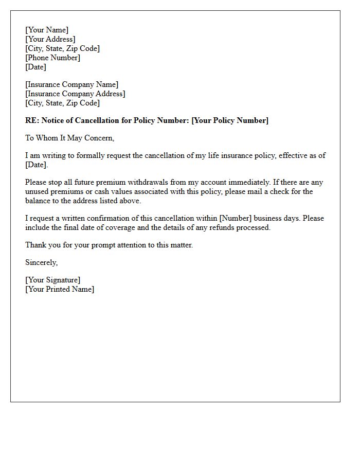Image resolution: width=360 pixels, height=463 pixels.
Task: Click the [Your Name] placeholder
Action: (47, 30)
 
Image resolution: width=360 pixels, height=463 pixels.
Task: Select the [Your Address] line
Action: (50, 39)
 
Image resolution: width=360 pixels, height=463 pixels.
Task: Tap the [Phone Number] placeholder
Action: (53, 58)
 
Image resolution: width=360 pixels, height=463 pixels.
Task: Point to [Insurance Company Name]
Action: (72, 84)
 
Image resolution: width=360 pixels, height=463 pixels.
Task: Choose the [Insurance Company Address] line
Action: (75, 94)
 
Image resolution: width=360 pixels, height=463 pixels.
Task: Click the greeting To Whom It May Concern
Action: (69, 138)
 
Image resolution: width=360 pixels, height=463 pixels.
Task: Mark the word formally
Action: (92, 155)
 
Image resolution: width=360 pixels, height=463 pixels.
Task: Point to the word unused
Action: (37, 191)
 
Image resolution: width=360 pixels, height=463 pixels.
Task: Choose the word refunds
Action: (228, 227)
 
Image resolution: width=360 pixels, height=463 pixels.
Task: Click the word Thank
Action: (35, 245)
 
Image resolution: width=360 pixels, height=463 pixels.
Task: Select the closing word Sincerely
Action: (42, 262)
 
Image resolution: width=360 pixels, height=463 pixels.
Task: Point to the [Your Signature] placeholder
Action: (53, 280)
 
